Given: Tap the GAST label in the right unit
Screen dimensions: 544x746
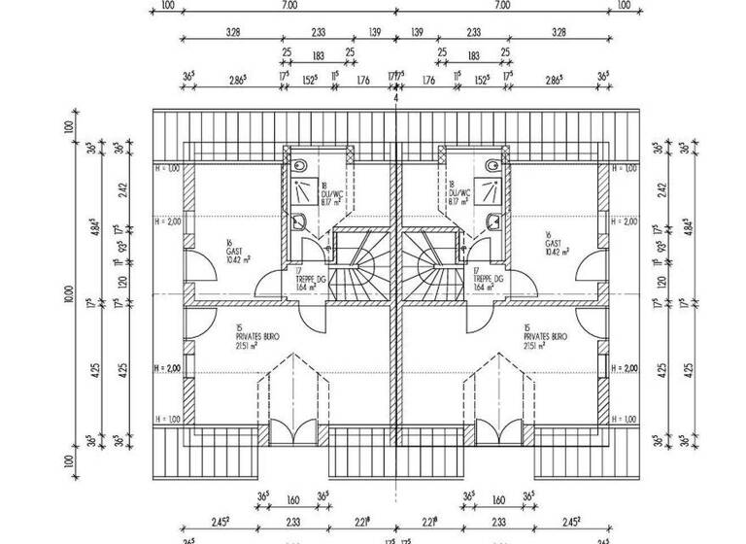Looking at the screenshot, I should click(553, 242).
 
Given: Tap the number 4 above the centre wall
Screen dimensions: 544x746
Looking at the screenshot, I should click(396, 99).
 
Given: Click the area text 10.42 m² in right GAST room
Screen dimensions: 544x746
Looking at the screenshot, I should click(557, 251).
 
